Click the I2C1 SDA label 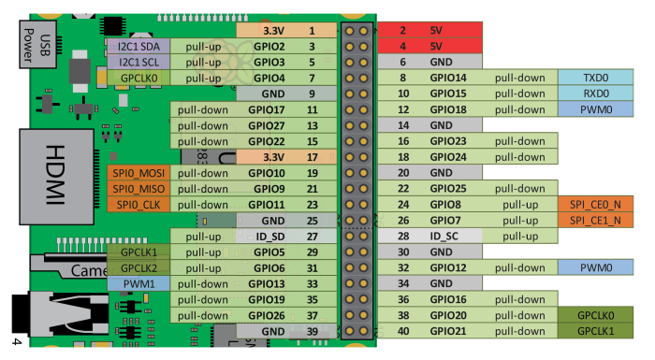point(138,46)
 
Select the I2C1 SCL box point(138,62)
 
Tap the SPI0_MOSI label point(139,173)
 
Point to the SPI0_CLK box point(139,205)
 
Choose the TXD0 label point(595,78)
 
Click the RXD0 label point(595,94)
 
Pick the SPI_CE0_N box point(595,204)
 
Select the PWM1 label point(138,283)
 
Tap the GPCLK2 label point(138,268)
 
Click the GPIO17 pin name point(266,109)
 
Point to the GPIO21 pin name point(447,331)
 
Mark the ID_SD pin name point(266,237)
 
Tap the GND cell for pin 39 point(272,331)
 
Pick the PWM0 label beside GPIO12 point(595,268)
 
